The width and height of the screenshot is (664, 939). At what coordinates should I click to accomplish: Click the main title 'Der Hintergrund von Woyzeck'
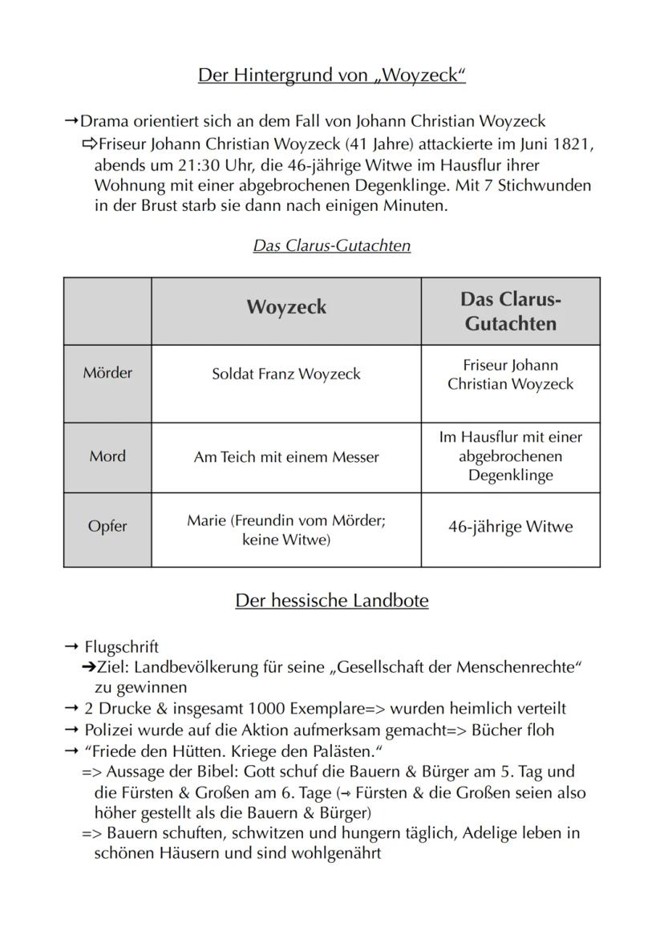click(331, 76)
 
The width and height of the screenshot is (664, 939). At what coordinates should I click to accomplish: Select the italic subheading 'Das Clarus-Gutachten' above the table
click(331, 246)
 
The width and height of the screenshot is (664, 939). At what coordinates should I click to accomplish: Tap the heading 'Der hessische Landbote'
click(331, 601)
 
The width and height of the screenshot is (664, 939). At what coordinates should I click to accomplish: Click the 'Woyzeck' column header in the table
click(286, 308)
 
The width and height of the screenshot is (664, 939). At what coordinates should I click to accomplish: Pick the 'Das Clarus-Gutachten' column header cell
click(510, 311)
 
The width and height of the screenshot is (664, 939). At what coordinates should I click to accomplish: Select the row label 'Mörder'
click(107, 373)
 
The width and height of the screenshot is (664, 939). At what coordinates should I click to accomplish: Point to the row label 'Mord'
click(107, 456)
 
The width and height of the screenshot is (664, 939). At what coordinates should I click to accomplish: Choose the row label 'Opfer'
click(107, 527)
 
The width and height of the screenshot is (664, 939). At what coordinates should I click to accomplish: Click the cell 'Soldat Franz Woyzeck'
click(286, 374)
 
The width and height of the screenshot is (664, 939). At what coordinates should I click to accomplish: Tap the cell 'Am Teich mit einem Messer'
click(286, 457)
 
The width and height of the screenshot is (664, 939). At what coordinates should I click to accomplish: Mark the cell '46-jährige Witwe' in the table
click(510, 527)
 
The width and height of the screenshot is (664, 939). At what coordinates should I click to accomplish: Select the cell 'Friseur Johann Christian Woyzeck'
click(510, 374)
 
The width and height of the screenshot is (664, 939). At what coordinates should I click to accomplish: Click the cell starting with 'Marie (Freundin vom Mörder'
click(286, 530)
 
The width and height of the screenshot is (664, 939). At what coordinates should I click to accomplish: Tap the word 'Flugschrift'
click(121, 647)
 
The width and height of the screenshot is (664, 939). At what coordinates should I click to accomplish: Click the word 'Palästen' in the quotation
click(346, 751)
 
